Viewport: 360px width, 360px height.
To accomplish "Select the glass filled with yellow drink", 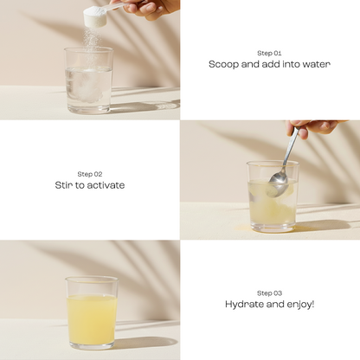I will coord(91,312).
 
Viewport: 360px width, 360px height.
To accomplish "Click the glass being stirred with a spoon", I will coord(272,196).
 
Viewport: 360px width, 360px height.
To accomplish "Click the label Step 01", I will coord(269,53).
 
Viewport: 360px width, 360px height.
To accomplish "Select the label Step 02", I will coord(90,173).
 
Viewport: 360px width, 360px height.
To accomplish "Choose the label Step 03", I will coord(269,292).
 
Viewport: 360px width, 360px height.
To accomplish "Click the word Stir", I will coord(64,185).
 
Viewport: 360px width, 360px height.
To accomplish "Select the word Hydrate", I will coord(246,305).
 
